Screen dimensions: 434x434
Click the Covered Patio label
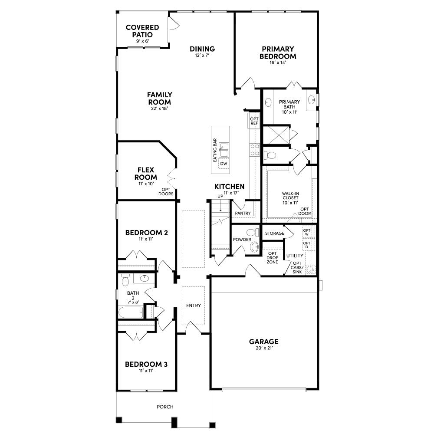pos(142,31)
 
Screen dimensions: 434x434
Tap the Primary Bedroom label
pos(278,53)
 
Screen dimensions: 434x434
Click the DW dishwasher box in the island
pos(224,164)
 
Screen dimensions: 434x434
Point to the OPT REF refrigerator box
pos(254,121)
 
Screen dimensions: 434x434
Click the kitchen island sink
pos(224,151)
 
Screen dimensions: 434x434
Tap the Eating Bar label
pos(215,151)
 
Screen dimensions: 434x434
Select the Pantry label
pos(243,213)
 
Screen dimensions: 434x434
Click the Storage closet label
pos(274,233)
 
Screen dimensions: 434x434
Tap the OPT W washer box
pos(307,233)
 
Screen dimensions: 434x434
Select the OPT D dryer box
pos(307,245)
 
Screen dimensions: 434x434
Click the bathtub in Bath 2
pos(131,312)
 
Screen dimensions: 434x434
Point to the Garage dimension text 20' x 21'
pos(263,348)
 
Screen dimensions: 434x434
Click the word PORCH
pos(165,407)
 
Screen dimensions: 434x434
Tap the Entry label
pos(194,306)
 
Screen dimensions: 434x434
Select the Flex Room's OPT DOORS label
pos(166,192)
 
